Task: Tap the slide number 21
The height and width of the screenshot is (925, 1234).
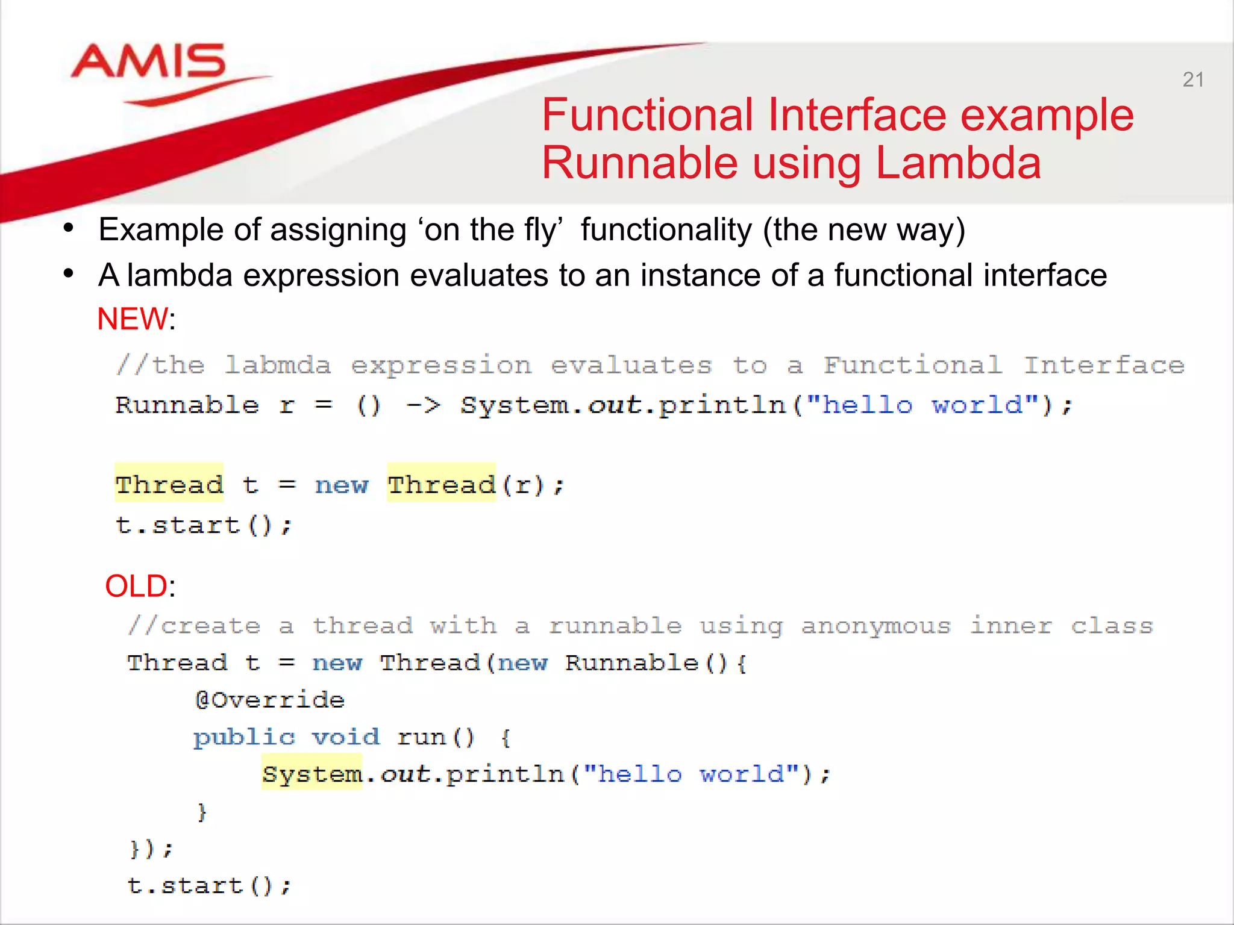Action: [x=1193, y=79]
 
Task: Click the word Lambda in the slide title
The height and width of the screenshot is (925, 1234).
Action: [x=958, y=163]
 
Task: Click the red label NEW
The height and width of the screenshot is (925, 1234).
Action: [x=133, y=319]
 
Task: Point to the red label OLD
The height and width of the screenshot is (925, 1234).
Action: [x=136, y=586]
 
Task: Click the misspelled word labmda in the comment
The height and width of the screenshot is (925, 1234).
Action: [x=278, y=366]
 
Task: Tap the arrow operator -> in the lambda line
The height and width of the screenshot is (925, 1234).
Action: [x=423, y=405]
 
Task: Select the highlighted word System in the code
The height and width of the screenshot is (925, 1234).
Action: [x=312, y=774]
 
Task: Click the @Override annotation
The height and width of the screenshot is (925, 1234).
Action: [x=269, y=700]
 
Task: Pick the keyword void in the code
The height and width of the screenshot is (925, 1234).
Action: [x=346, y=737]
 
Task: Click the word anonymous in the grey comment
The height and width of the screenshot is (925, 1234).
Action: [x=875, y=626]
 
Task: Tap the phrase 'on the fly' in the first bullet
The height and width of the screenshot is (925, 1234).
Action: [x=493, y=229]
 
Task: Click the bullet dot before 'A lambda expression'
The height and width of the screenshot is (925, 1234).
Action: [x=69, y=275]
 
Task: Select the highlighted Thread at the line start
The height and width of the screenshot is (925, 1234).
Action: [x=169, y=484]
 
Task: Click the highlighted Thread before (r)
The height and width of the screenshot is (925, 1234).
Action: [x=441, y=484]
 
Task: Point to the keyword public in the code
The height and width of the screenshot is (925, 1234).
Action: [x=244, y=737]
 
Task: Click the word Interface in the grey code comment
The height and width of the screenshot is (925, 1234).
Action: [x=1104, y=366]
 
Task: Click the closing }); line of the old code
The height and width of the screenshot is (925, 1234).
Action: [x=151, y=849]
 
